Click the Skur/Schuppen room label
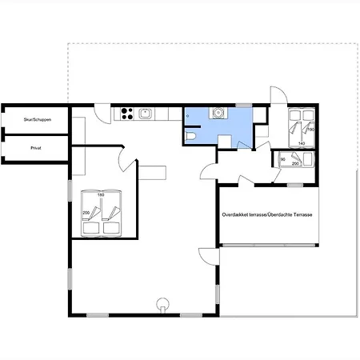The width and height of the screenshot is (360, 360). pyautogui.click(x=38, y=119)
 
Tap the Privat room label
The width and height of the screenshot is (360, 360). pyautogui.click(x=36, y=148)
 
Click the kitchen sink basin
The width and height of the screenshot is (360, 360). pyautogui.click(x=146, y=114)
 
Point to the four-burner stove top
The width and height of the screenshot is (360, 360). pyautogui.click(x=126, y=114)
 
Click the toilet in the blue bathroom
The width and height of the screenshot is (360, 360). pyautogui.click(x=190, y=136)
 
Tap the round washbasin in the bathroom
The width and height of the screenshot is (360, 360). pyautogui.click(x=218, y=113)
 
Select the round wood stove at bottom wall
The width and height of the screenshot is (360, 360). pyautogui.click(x=162, y=304)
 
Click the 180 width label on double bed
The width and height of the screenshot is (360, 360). pyautogui.click(x=101, y=195)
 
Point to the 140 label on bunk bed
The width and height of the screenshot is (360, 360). pyautogui.click(x=302, y=143)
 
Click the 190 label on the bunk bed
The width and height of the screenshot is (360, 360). pyautogui.click(x=311, y=130)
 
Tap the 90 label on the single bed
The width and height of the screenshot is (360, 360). pyautogui.click(x=283, y=159)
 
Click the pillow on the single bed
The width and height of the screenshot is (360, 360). pyautogui.click(x=307, y=159)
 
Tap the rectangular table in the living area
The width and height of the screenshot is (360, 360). pyautogui.click(x=152, y=173)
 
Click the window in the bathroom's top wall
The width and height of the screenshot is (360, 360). pyautogui.click(x=244, y=106)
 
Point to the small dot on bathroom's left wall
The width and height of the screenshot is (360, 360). pyautogui.click(x=187, y=116)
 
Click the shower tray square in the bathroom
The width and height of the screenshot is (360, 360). pyautogui.click(x=225, y=142)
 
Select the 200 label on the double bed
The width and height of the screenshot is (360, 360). pyautogui.click(x=86, y=213)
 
